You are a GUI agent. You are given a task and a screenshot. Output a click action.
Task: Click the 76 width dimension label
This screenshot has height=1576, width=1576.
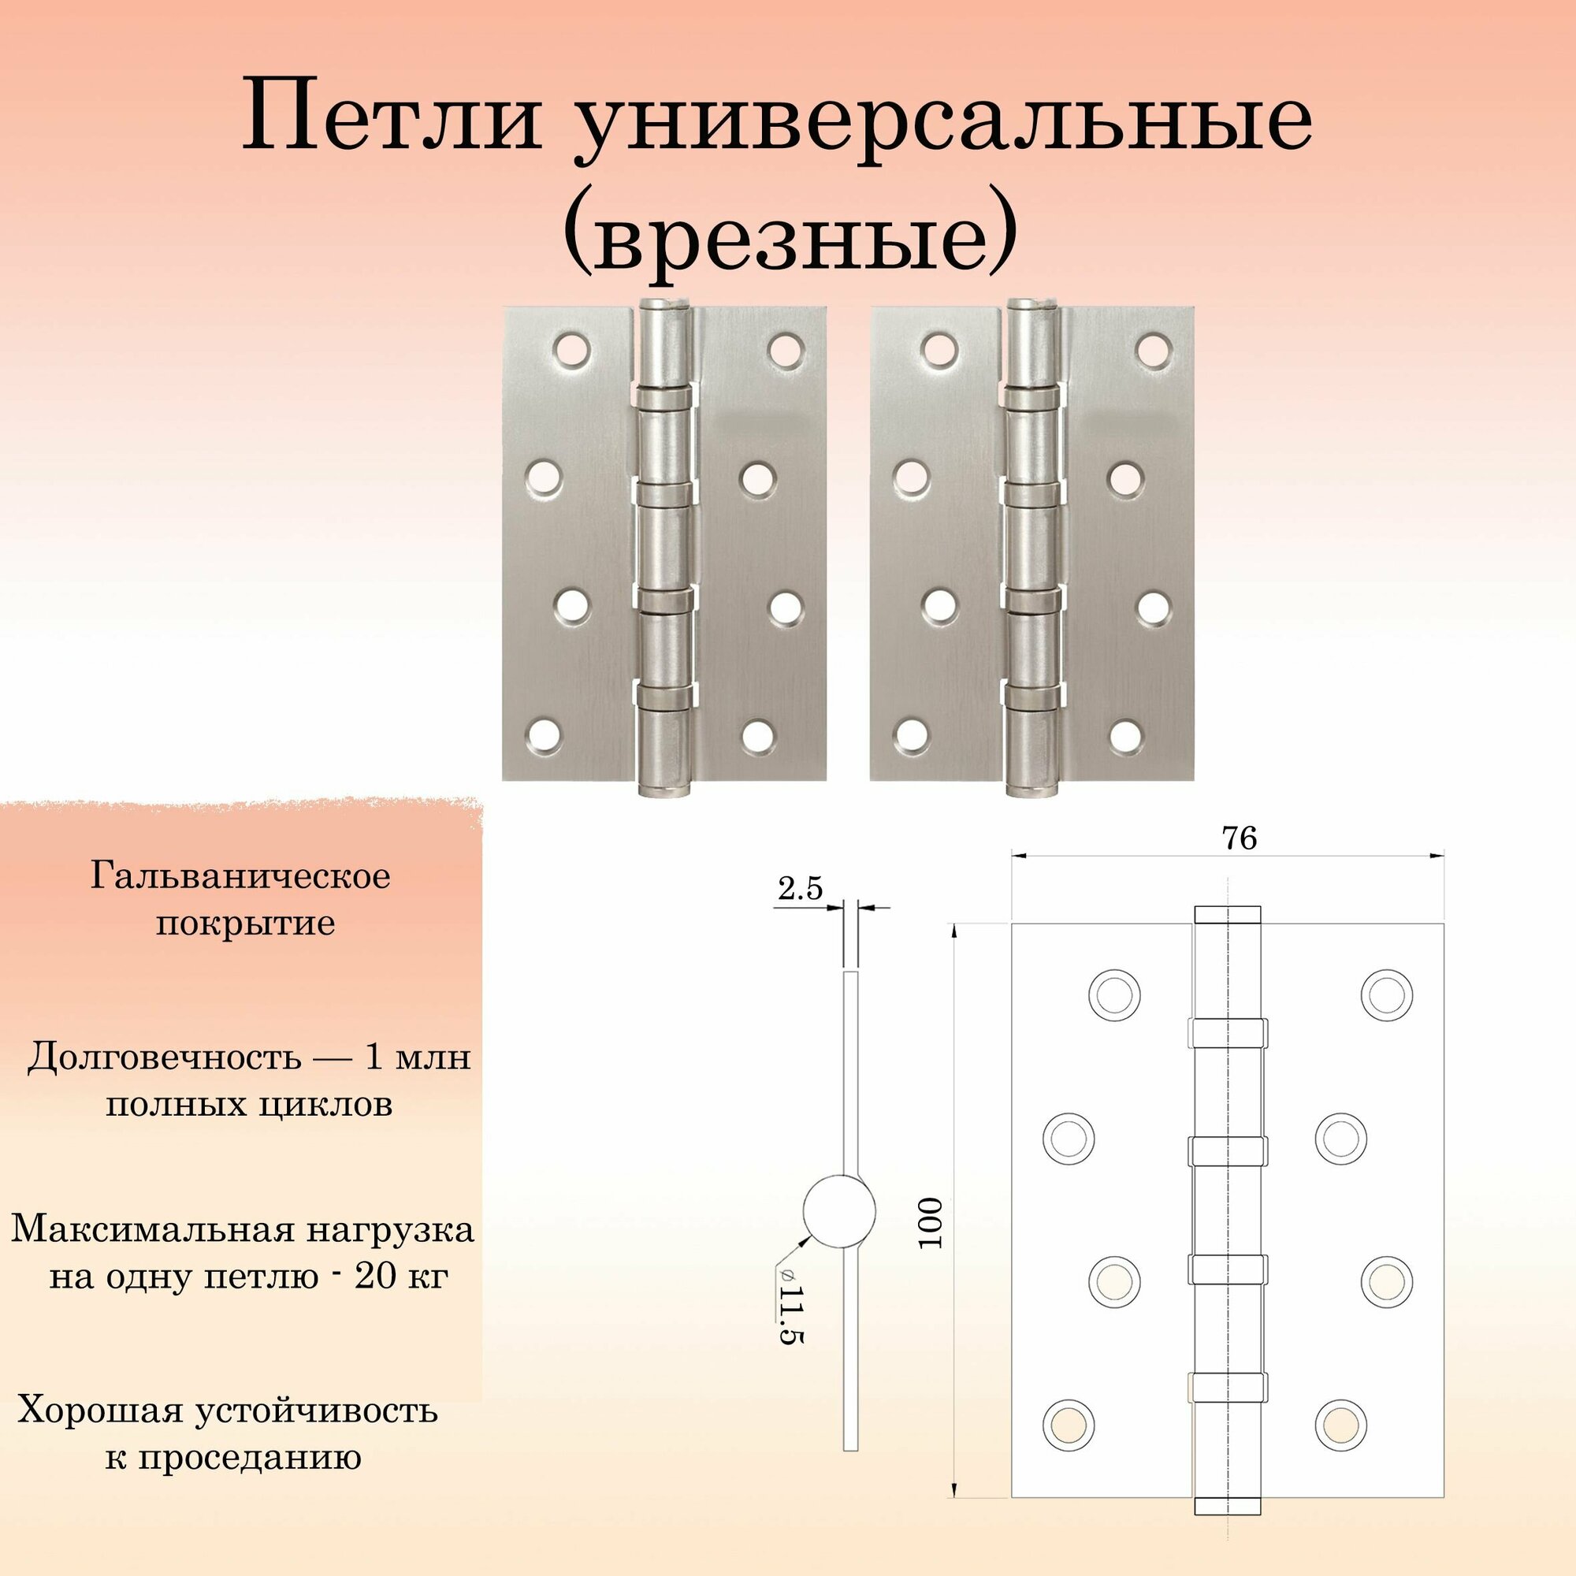(x=1239, y=838)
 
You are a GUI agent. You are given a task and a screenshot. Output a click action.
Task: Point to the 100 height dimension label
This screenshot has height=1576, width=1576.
(x=930, y=1223)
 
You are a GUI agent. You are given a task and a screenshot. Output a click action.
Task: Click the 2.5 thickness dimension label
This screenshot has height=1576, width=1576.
(x=801, y=888)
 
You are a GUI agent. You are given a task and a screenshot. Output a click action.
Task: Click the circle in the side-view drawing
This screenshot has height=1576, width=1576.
(x=839, y=1210)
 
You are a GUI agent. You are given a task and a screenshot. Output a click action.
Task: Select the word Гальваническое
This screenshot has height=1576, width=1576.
(x=240, y=877)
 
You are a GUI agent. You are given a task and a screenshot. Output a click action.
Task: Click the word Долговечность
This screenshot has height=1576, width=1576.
(x=164, y=1058)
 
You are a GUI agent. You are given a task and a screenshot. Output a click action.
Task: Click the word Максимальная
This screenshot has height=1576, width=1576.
(x=152, y=1229)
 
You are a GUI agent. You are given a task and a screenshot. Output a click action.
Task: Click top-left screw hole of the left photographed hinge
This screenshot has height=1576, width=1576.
(x=571, y=349)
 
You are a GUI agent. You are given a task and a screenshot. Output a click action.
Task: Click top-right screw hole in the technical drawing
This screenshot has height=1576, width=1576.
(x=1387, y=995)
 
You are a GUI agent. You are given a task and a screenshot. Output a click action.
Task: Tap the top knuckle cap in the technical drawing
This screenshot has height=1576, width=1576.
(x=1227, y=914)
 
